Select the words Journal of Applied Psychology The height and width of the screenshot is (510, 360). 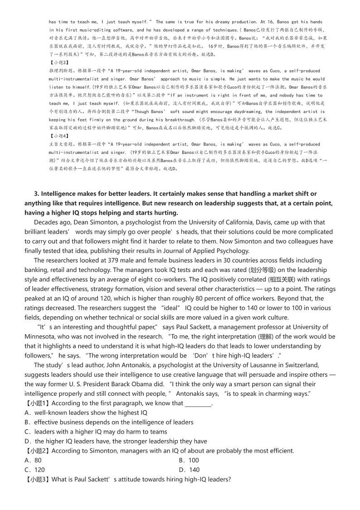[208, 251]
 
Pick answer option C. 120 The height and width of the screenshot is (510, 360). [34, 470]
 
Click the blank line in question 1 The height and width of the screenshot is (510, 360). [198, 403]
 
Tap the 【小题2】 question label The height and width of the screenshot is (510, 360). [36, 451]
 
